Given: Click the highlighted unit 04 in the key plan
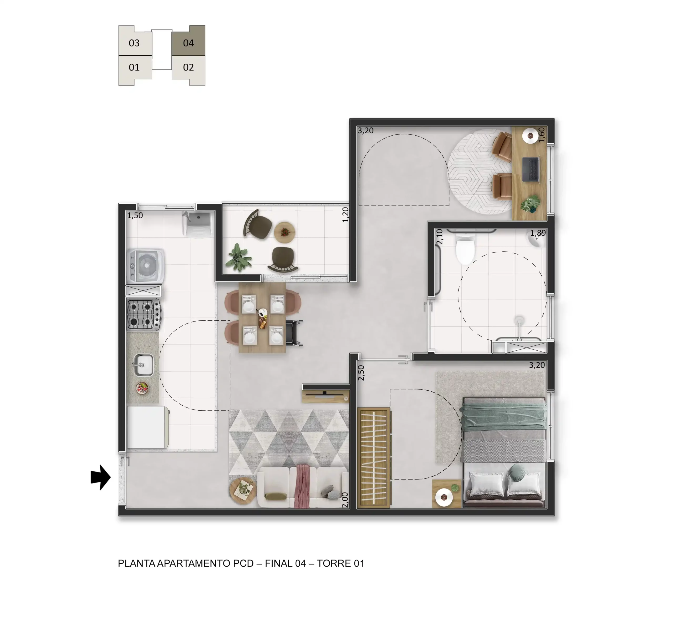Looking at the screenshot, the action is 188,41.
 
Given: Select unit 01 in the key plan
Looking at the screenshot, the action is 134,69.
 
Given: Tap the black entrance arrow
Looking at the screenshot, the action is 100,477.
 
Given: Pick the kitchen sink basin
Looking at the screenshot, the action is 144,365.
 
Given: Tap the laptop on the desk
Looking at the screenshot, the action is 531,169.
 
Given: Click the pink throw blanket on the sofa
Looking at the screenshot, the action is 302,486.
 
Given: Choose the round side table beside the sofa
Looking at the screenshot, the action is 243,491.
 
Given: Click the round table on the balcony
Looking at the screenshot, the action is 284,232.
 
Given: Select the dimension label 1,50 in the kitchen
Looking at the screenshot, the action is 135,215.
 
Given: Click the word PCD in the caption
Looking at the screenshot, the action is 243,563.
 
